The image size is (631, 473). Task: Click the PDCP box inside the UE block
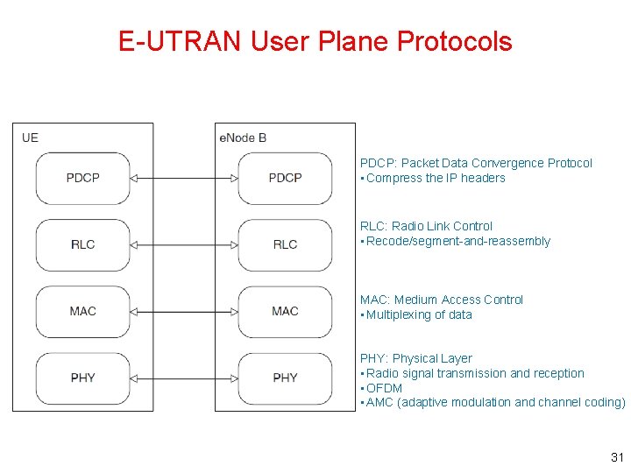click(x=83, y=178)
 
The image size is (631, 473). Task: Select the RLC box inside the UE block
click(x=83, y=244)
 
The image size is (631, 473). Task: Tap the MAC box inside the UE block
click(x=83, y=311)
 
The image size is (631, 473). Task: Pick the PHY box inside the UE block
click(x=83, y=378)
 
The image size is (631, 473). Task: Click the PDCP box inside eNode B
click(x=285, y=178)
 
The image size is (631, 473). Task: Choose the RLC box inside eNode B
click(x=285, y=244)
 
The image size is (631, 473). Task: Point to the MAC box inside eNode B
click(x=285, y=311)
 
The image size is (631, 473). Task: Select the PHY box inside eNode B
click(x=285, y=378)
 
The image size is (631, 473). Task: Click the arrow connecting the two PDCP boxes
click(x=184, y=178)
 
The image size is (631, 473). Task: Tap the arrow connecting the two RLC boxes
click(x=184, y=244)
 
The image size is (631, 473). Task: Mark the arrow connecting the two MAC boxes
click(x=184, y=311)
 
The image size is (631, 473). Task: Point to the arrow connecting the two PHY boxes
click(x=184, y=378)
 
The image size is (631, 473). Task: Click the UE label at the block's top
click(x=30, y=138)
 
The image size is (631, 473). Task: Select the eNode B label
click(x=243, y=138)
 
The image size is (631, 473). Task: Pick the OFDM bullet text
click(x=384, y=388)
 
